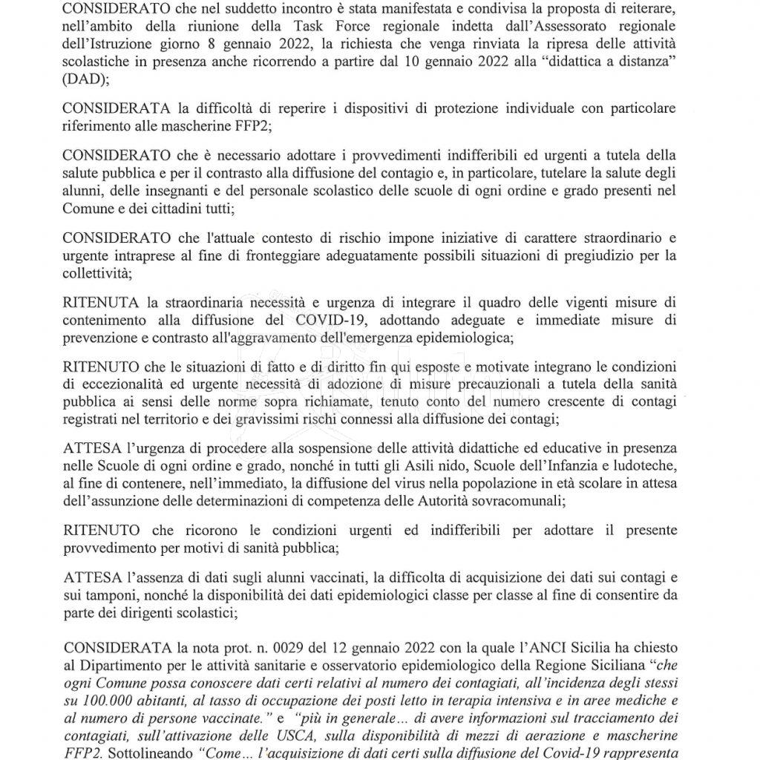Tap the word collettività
point(96,274)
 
